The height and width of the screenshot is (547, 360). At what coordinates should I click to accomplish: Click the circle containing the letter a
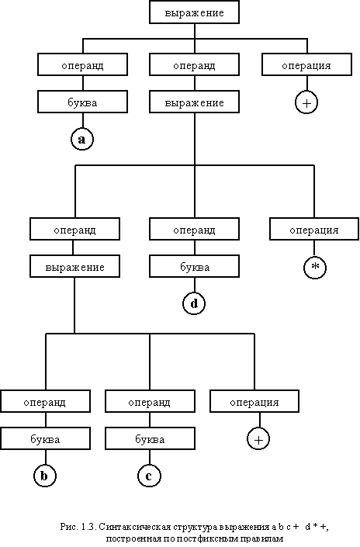tap(82, 140)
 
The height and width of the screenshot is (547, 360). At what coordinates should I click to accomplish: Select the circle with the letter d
tap(194, 303)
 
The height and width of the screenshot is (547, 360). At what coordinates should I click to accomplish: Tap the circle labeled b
tap(45, 476)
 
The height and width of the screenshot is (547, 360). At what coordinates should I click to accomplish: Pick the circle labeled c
tap(149, 476)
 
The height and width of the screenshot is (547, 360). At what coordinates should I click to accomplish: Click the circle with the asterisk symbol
tap(315, 267)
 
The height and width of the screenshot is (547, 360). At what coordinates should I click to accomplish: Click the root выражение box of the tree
tap(194, 12)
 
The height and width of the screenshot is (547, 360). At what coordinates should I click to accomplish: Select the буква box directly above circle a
tap(83, 102)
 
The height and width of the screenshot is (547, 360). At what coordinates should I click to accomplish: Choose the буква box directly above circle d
tap(194, 266)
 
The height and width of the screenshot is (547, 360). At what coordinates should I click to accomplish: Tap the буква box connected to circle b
tap(45, 438)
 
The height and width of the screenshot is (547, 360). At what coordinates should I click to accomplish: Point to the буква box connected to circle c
tap(150, 438)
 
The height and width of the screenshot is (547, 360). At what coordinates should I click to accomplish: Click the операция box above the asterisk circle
tap(314, 229)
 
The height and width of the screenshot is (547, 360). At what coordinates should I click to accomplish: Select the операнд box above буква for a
tap(83, 64)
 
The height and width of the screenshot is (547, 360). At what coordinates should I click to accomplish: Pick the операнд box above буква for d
tap(194, 229)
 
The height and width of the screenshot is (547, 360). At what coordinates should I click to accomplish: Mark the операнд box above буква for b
tap(45, 401)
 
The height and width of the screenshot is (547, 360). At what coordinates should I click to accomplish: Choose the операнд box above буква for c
tap(150, 401)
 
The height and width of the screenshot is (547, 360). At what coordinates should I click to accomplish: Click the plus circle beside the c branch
tap(258, 439)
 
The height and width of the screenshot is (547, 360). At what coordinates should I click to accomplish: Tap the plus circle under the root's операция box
tap(306, 102)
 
